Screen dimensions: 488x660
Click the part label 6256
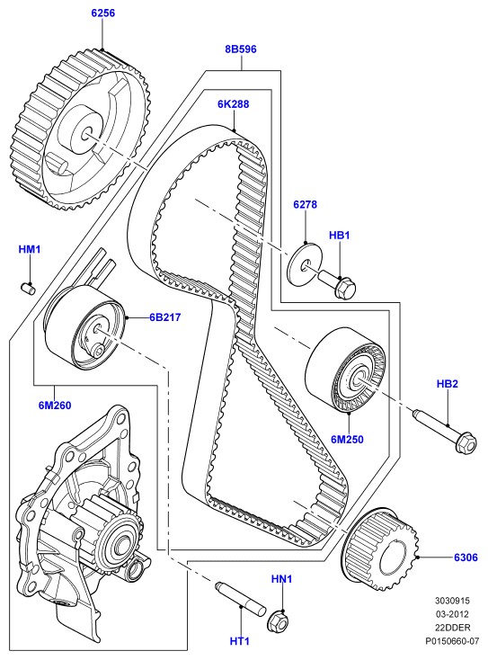coord(103,13)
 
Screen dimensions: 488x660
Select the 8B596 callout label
coord(241,49)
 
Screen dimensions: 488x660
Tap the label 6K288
coord(233,104)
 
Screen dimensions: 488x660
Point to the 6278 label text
coord(305,205)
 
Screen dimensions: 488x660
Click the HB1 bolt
coord(337,284)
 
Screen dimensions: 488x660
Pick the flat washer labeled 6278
coord(306,263)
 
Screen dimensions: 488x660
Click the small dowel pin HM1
coord(28,288)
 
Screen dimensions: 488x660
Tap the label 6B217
coord(164,317)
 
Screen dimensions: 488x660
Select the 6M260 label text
coord(55,406)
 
